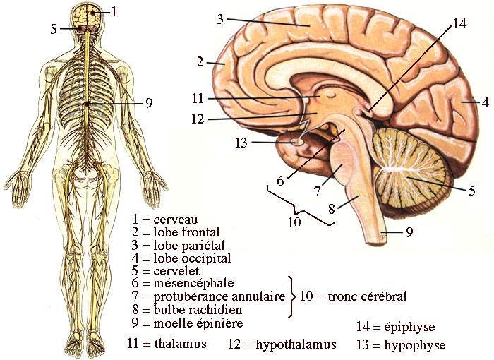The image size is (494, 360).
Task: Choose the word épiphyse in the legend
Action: click(x=410, y=327)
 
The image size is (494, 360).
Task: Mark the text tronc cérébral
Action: click(x=367, y=296)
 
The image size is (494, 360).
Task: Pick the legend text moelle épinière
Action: click(x=198, y=323)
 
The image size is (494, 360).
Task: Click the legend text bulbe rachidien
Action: click(x=198, y=310)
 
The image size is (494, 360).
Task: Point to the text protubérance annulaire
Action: click(x=219, y=296)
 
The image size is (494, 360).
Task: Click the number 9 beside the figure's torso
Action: click(x=148, y=103)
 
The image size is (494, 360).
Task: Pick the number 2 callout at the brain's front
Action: click(x=200, y=62)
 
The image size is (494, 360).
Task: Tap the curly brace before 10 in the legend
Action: click(x=292, y=296)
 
